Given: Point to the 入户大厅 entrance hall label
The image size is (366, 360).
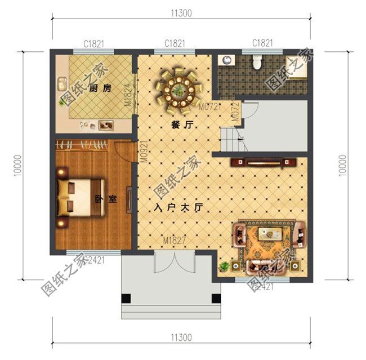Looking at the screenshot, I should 178,207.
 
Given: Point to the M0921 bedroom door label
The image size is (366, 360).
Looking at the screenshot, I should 145,151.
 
